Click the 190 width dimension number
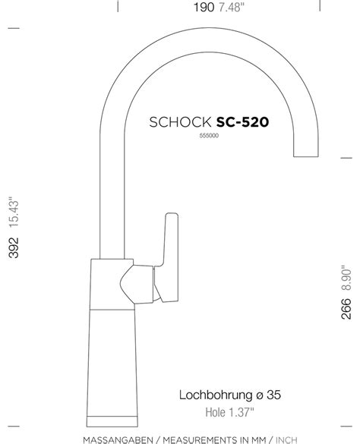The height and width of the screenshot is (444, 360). tap(204, 8)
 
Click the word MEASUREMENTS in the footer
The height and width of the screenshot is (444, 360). tap(200, 438)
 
